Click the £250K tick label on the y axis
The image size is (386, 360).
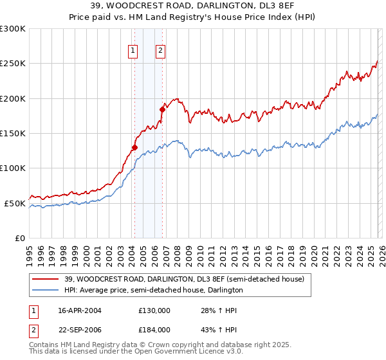click(x=13, y=64)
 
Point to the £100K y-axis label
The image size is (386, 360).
click(x=13, y=168)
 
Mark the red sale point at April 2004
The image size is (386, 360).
click(x=134, y=147)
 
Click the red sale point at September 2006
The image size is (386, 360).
click(x=162, y=110)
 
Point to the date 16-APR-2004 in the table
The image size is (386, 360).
click(x=80, y=310)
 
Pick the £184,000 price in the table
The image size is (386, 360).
click(x=154, y=330)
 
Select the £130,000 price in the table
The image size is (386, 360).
click(x=154, y=310)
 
